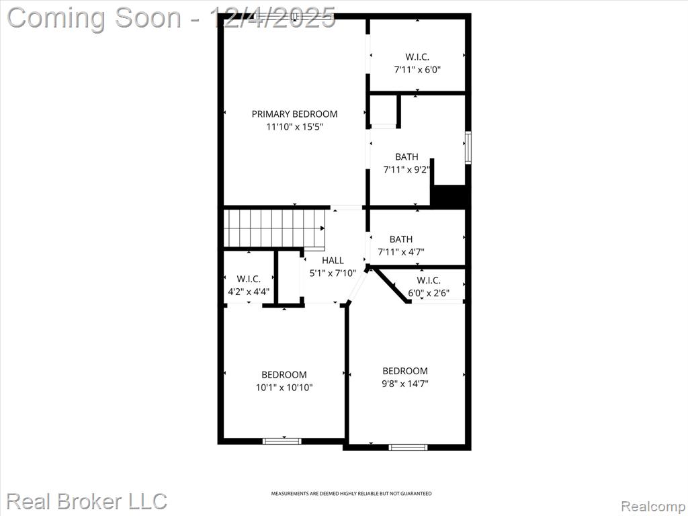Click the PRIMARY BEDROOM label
(294, 114)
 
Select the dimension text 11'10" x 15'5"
(294, 127)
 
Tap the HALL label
(333, 260)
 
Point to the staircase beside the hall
(275, 228)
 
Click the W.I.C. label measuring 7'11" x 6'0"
(417, 56)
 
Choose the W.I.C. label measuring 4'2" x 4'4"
(249, 279)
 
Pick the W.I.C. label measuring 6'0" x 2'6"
(429, 280)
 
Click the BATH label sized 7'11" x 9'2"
(406, 157)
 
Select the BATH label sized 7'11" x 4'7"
(401, 239)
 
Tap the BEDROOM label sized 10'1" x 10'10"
(284, 375)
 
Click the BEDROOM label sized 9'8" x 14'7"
(405, 371)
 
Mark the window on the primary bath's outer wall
(468, 147)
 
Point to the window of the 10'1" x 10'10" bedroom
(282, 441)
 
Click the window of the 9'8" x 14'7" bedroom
(408, 447)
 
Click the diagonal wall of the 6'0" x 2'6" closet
(390, 285)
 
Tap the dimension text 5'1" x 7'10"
(333, 273)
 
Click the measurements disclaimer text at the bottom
(351, 494)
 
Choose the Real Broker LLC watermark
(87, 501)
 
